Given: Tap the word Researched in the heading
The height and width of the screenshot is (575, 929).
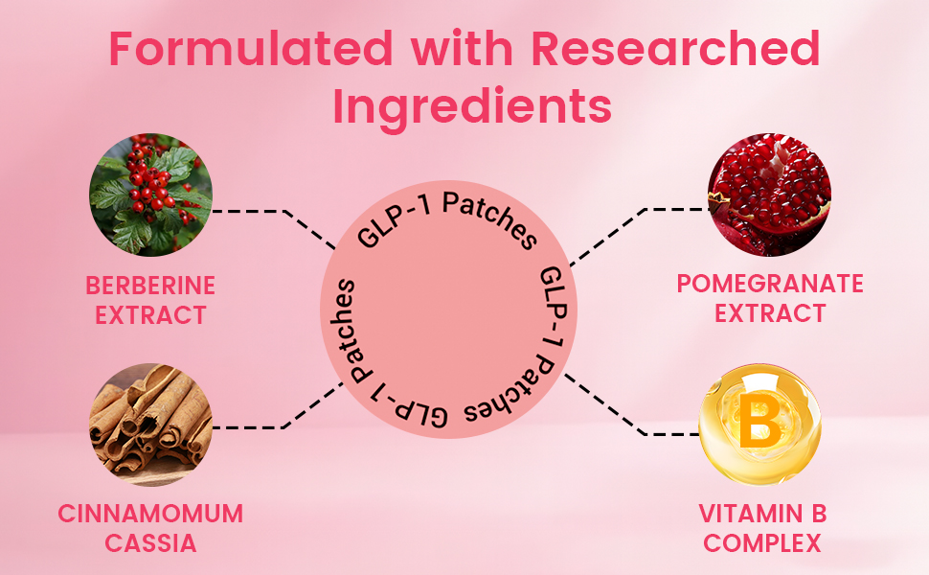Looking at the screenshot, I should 676,48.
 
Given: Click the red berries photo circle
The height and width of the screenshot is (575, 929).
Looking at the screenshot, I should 150,194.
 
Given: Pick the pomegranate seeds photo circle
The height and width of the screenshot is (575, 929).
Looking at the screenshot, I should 769,195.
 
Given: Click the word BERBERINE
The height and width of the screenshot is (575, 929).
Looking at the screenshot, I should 150,285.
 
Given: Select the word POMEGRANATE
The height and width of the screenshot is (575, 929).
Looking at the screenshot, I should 770,284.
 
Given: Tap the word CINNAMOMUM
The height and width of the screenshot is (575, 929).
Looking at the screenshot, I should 150,514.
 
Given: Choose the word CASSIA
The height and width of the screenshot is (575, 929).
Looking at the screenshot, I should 150,543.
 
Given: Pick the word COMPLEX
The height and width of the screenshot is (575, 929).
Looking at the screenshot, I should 761,543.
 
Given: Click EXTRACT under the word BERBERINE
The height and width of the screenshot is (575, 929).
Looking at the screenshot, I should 150,313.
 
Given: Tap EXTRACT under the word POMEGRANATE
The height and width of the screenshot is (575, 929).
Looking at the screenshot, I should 770,312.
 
